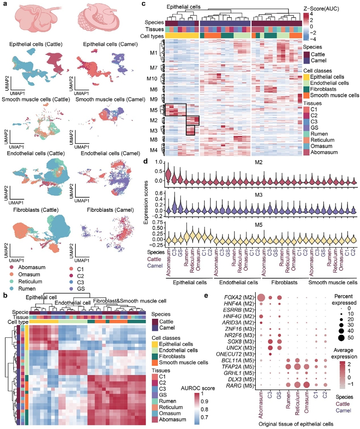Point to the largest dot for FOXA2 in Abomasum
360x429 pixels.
click(x=262, y=297)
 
